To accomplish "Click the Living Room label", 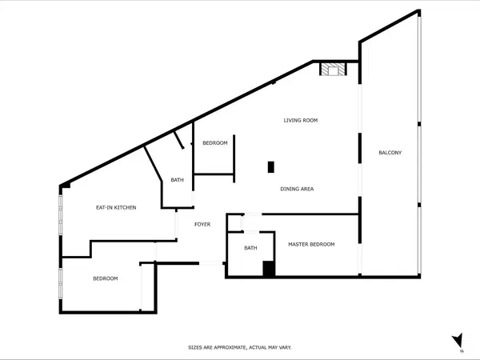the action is pyautogui.click(x=301, y=120).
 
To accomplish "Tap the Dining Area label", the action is pyautogui.click(x=297, y=189).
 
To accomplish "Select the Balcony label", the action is pyautogui.click(x=390, y=153).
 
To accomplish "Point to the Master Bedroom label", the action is pyautogui.click(x=311, y=244).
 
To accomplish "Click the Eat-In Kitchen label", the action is pyautogui.click(x=116, y=207).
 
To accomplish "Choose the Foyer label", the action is pyautogui.click(x=202, y=224).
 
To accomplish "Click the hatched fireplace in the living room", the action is pyautogui.click(x=333, y=69).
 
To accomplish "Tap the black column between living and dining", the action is pyautogui.click(x=271, y=167).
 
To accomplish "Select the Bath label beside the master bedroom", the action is pyautogui.click(x=250, y=248).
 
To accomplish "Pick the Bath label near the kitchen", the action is pyautogui.click(x=178, y=180).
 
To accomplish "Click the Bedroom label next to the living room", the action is pyautogui.click(x=215, y=143).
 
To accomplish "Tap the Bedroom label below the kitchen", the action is pyautogui.click(x=106, y=278).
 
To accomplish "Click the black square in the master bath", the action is pyautogui.click(x=269, y=269).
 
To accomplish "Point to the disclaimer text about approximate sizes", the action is pyautogui.click(x=240, y=347).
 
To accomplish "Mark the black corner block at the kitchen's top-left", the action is pyautogui.click(x=66, y=186).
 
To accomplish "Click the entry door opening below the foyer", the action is pyautogui.click(x=211, y=263).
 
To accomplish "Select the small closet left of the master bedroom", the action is pyautogui.click(x=234, y=223).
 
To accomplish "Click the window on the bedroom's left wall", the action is pyautogui.click(x=61, y=283).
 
